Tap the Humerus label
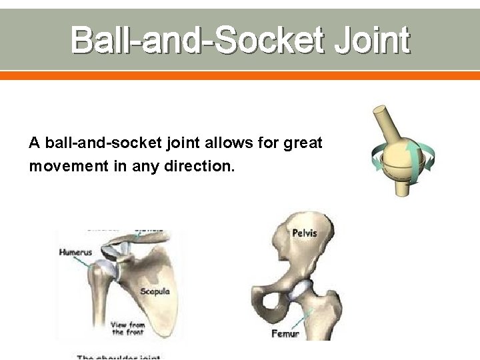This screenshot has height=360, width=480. click(75, 253)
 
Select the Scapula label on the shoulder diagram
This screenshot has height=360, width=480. click(155, 291)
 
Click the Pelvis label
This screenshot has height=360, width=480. click(304, 233)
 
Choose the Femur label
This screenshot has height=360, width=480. click(285, 333)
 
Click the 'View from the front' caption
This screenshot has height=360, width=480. click(128, 329)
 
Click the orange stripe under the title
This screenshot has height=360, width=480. click(240, 76)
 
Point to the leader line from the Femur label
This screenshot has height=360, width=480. click(308, 318)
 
